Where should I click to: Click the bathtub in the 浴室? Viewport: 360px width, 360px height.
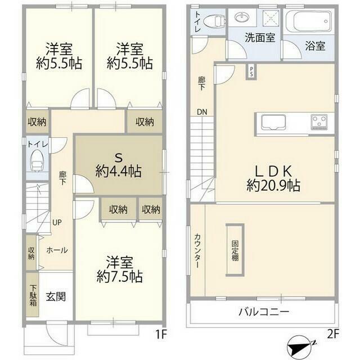(x=309, y=21)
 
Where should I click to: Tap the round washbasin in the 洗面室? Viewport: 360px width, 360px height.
(x=242, y=17)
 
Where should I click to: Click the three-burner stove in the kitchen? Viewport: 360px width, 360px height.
(x=319, y=122)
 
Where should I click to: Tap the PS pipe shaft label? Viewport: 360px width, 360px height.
(x=251, y=71)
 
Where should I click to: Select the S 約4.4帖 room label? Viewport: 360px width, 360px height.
(x=119, y=165)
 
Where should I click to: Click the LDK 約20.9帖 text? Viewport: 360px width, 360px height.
(x=273, y=178)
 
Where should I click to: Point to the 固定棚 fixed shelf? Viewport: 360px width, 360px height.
(x=235, y=250)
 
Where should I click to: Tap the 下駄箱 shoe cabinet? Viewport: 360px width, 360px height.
(x=33, y=295)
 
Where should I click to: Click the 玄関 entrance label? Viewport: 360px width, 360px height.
(x=56, y=296)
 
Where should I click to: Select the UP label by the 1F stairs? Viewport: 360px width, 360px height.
(x=57, y=222)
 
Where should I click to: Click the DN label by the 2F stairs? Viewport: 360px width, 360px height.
(x=202, y=112)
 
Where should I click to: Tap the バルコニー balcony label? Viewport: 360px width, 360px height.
(x=264, y=312)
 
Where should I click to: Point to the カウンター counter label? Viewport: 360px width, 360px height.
(x=197, y=251)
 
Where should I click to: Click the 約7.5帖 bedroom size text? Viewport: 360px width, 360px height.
(x=120, y=276)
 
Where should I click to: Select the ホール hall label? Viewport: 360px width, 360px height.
(x=57, y=250)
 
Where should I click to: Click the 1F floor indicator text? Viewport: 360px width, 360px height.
(x=161, y=334)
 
